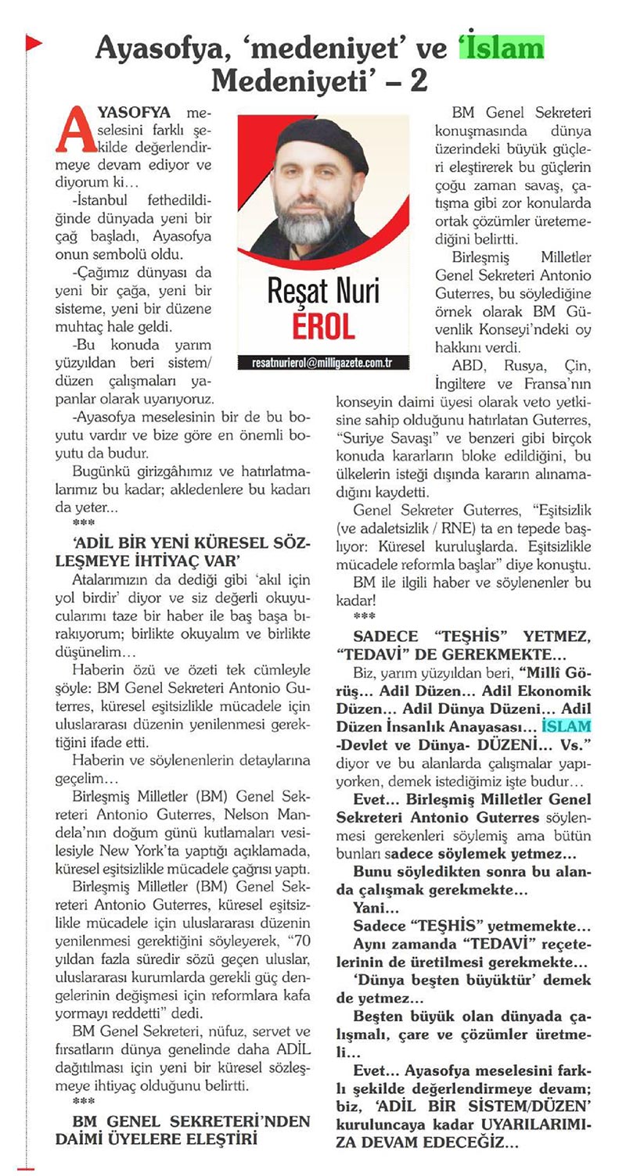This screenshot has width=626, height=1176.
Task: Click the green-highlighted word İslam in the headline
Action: click(501, 48)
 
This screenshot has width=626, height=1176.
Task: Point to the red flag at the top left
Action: click(33, 44)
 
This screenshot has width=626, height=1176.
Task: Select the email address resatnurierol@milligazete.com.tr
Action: click(322, 363)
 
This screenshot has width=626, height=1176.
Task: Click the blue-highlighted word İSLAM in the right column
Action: click(567, 726)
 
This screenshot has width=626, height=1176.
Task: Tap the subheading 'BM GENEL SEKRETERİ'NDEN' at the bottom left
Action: click(183, 1121)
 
